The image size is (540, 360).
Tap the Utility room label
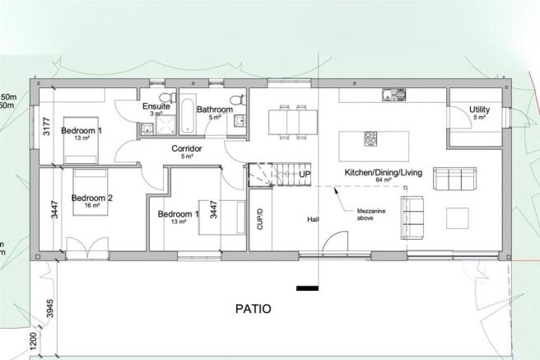pyautogui.click(x=480, y=110)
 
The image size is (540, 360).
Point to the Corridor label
pyautogui.click(x=187, y=149)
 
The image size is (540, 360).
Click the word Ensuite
pyautogui.click(x=156, y=106)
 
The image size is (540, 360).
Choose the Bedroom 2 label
pyautogui.click(x=92, y=198)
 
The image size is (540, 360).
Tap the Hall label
pyautogui.click(x=313, y=220)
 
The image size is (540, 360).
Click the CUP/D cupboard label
pyautogui.click(x=260, y=217)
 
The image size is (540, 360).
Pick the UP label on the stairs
pyautogui.click(x=304, y=175)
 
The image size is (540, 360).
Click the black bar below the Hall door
pyautogui.click(x=308, y=288)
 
